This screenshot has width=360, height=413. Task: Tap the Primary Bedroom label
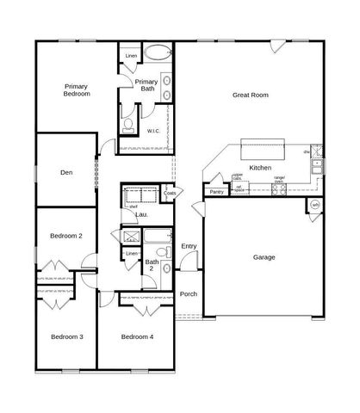77,89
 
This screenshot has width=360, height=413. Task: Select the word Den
65,171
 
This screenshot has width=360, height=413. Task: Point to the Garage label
264,256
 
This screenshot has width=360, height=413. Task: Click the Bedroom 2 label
65,235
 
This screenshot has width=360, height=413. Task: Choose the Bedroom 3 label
66,336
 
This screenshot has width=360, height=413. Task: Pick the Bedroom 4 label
137,336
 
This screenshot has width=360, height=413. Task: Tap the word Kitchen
260,168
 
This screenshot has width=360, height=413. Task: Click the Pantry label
216,192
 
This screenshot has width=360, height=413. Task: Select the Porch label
189,294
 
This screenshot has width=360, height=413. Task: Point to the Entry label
189,247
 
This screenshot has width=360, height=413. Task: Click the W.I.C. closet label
152,131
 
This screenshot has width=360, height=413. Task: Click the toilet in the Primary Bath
129,126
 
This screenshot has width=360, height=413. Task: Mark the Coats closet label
170,194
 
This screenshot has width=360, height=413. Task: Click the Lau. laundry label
141,213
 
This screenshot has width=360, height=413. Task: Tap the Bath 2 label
152,265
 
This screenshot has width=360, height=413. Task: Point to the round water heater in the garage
316,205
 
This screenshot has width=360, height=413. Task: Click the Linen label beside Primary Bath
131,56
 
